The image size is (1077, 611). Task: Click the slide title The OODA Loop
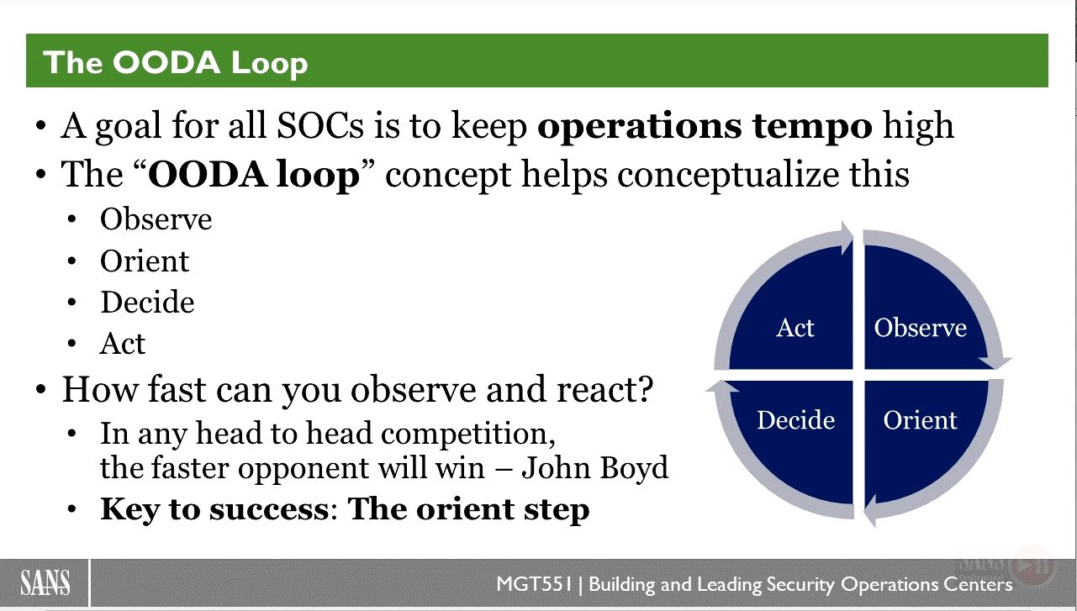(176, 62)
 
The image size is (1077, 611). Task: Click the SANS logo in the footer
(45, 582)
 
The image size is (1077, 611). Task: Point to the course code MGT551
(535, 584)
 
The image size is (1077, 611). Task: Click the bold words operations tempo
(705, 126)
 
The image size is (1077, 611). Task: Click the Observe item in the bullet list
(156, 219)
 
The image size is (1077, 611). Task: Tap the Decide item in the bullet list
(147, 303)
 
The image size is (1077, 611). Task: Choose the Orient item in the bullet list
(145, 261)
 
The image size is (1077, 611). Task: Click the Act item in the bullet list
(122, 343)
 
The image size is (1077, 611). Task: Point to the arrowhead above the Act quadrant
(846, 238)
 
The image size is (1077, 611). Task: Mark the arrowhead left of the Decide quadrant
(722, 387)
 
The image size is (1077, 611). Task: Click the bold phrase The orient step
(468, 509)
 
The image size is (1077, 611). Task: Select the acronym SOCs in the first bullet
(320, 126)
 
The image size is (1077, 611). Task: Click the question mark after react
(645, 388)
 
